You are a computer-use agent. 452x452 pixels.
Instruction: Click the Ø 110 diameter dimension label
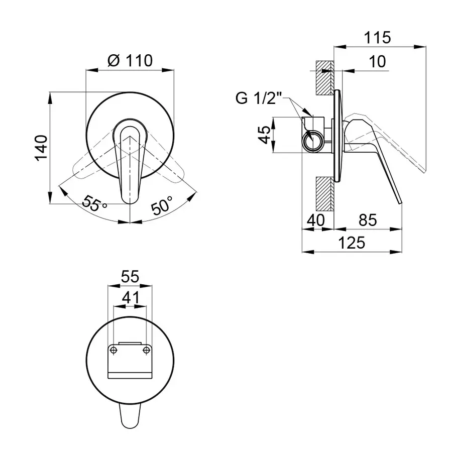[130, 61]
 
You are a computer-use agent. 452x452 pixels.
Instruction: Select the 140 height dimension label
[41, 148]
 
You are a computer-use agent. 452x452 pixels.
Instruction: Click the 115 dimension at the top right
[377, 38]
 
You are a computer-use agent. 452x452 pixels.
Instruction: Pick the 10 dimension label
[377, 61]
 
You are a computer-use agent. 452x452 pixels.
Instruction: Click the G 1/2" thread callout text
[258, 98]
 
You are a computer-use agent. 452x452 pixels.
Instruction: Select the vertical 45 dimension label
[265, 134]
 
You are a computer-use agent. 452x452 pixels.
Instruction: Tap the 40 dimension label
[316, 220]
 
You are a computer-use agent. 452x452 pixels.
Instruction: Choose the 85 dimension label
[368, 220]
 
